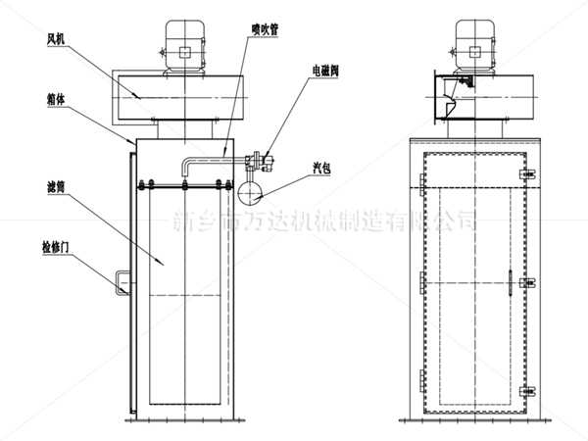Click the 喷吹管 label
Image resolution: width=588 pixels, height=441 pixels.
(265, 29)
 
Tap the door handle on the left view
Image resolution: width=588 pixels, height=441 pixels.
(121, 280)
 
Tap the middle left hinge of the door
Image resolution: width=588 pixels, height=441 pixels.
(421, 283)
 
